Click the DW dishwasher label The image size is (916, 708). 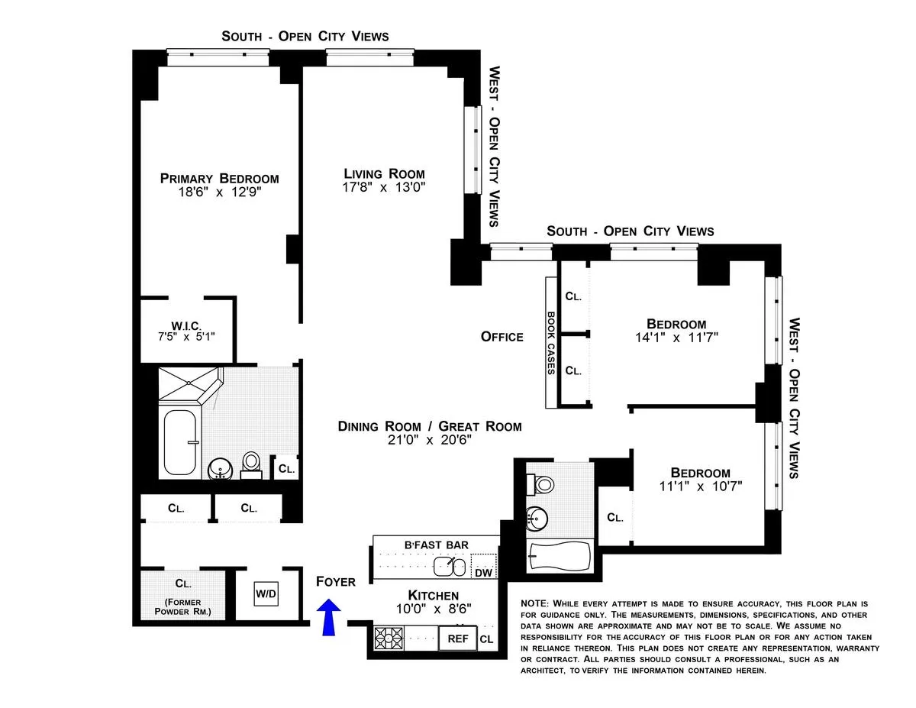483,573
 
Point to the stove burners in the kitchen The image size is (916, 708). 388,637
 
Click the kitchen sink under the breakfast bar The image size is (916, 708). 450,567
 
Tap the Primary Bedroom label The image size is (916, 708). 219,179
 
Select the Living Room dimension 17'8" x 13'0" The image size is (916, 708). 383,186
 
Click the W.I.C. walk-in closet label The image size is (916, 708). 186,326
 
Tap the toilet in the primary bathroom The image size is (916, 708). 251,462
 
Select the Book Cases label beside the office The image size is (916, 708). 550,342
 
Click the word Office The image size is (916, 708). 502,337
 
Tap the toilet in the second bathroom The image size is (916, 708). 544,484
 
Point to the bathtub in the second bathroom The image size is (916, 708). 560,556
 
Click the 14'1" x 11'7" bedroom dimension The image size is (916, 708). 676,336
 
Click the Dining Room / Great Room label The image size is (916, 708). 430,426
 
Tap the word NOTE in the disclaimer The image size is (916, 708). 534,603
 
